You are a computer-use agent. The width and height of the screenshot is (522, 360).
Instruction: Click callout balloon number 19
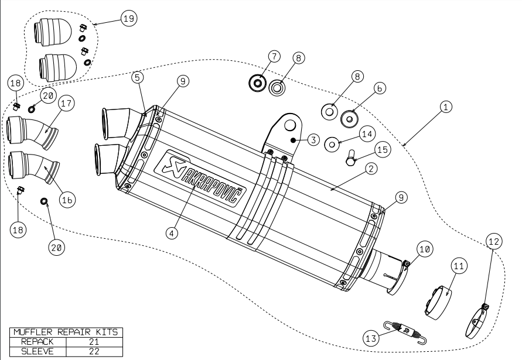(128, 19)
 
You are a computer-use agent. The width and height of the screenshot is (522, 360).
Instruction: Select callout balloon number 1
(446, 107)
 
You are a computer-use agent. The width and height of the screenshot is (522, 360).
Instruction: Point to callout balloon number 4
(171, 232)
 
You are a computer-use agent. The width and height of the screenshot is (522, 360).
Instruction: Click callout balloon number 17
(66, 104)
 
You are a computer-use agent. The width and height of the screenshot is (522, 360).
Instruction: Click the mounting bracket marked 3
(287, 132)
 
